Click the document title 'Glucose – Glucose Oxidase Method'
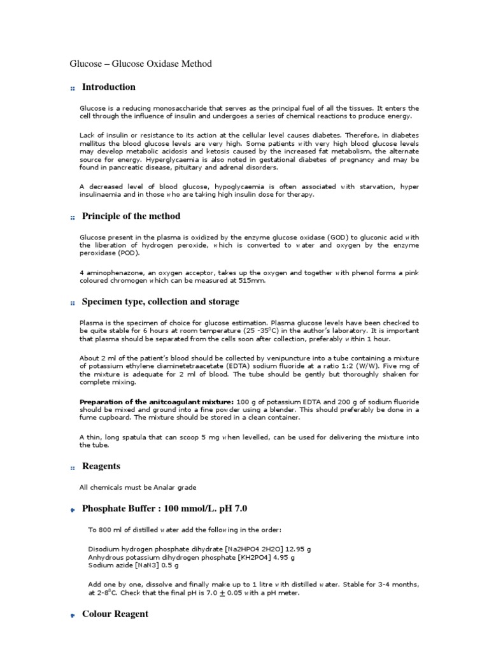click(x=140, y=64)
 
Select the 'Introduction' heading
click(x=108, y=87)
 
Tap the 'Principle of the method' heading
click(x=131, y=216)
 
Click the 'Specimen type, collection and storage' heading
click(x=160, y=302)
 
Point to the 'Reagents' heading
click(x=101, y=466)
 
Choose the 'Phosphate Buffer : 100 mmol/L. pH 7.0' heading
click(x=164, y=509)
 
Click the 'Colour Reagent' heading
click(x=115, y=614)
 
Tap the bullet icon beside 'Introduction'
click(x=73, y=89)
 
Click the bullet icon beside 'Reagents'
click(x=73, y=468)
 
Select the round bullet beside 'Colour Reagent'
click(x=73, y=616)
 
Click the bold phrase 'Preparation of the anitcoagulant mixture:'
click(x=157, y=402)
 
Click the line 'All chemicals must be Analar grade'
click(x=138, y=488)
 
